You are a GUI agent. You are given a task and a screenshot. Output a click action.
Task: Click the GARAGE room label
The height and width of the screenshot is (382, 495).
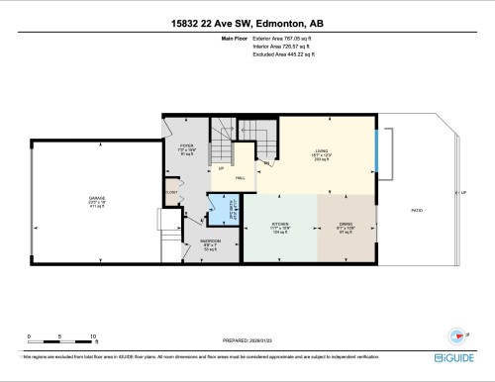pos(97,201)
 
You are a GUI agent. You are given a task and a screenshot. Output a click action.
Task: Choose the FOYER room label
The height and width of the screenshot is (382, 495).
pos(185,147)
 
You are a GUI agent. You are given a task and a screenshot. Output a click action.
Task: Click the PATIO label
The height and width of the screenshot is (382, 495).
pos(418,210)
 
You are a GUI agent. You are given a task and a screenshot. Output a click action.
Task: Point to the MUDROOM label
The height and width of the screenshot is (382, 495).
pos(211,243)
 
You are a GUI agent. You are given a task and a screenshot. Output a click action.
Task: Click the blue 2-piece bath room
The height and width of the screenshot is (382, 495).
pos(220,211)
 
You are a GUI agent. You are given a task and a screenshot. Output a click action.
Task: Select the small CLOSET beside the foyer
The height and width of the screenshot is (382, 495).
pos(171,192)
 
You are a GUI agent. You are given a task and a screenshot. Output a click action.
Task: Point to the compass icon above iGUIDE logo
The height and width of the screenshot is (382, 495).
pos(457,334)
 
